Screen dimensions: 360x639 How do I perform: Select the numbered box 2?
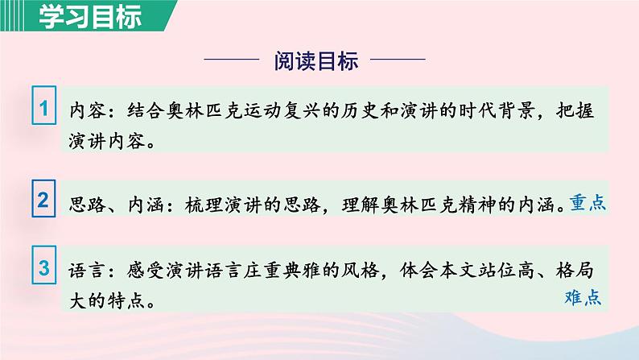click(x=45, y=201)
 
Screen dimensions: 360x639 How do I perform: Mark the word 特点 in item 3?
click(x=122, y=300)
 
